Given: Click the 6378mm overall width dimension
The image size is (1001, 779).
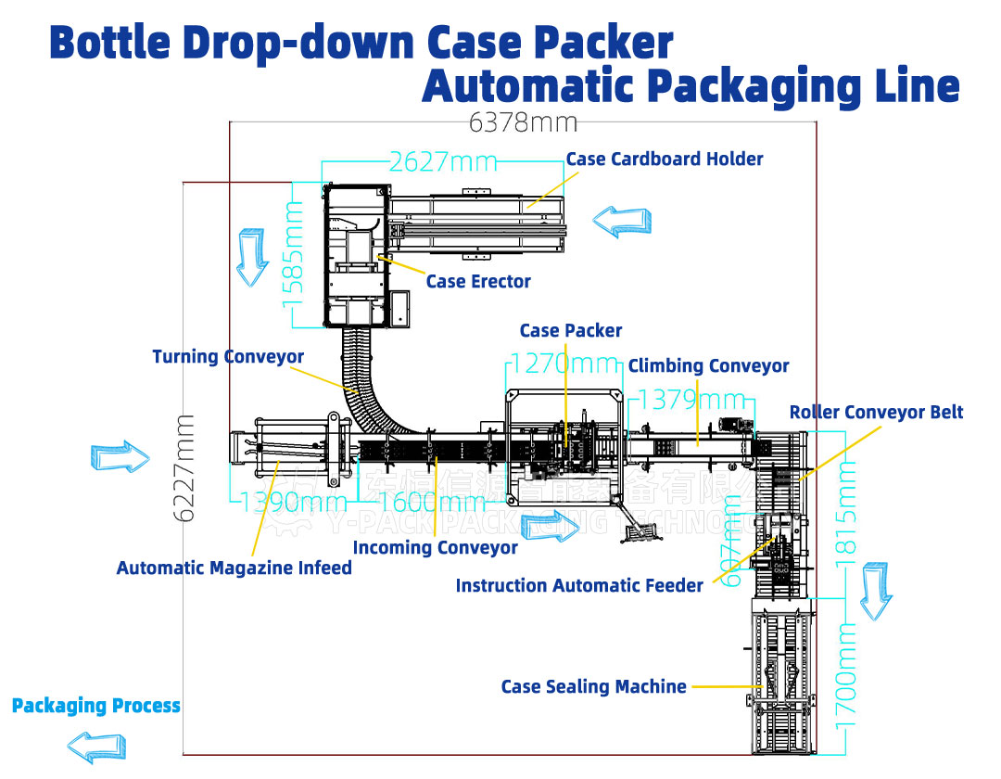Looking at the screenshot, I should [x=523, y=122].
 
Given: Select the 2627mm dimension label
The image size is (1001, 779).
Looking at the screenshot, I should [x=443, y=162].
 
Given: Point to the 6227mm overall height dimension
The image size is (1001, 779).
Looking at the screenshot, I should [x=185, y=467].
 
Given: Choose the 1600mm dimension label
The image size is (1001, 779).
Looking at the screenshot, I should [x=432, y=503].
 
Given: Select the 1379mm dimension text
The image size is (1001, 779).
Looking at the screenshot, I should [x=692, y=400].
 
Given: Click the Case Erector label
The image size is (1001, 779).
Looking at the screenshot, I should [x=478, y=282].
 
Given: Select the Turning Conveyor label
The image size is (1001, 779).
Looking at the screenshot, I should [x=228, y=357].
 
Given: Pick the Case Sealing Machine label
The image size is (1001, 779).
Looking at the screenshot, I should [x=594, y=687].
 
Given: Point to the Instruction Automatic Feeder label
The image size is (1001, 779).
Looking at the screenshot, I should [x=579, y=586].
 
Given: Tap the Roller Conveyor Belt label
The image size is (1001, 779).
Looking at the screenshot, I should [x=876, y=413].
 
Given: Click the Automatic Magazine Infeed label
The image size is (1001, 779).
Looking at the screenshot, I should [x=234, y=568].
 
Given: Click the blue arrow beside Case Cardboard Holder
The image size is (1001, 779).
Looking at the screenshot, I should [x=621, y=221].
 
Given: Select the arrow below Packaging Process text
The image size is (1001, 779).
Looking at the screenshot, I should [x=97, y=745].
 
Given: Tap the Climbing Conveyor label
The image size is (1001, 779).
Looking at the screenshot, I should [x=708, y=366].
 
